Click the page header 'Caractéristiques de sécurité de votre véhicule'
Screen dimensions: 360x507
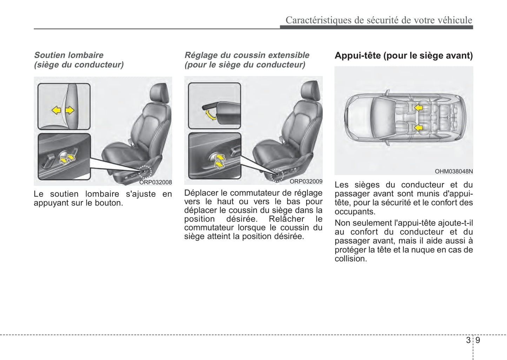click(379, 20)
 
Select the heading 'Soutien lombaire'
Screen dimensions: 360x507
click(69, 55)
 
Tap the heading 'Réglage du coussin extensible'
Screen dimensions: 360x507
click(247, 55)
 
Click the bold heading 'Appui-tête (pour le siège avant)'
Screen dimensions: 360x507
click(403, 55)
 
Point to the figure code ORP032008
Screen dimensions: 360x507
click(155, 182)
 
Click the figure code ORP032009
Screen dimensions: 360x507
click(306, 181)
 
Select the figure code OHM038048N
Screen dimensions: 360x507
click(454, 172)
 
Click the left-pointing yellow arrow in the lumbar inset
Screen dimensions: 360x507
click(56, 111)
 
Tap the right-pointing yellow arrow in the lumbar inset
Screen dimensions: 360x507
click(70, 111)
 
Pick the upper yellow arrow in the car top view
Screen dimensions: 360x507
click(418, 107)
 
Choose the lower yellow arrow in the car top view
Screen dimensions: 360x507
click(418, 128)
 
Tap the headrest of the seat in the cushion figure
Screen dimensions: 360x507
click(311, 92)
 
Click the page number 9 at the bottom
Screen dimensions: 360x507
click(478, 340)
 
